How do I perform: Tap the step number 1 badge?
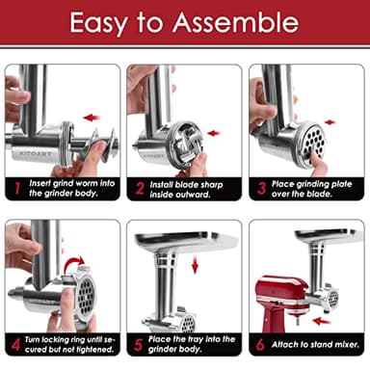(17, 186)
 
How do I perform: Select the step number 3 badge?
(260, 186)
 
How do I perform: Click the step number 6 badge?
(260, 343)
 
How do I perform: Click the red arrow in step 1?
(92, 118)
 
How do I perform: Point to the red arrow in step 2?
(213, 133)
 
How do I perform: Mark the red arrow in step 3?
(330, 122)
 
